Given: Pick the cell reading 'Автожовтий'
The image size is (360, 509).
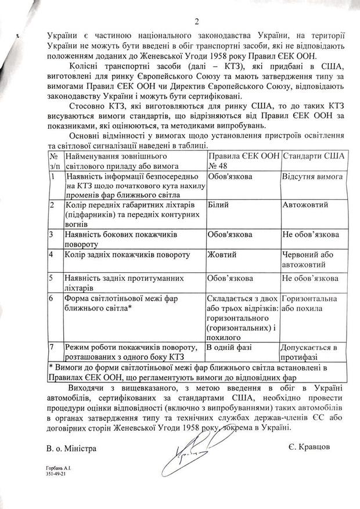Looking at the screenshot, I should (305, 205).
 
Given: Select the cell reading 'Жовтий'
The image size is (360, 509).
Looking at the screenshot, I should (219, 254).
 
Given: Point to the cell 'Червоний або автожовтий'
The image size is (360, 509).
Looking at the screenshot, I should (308, 259).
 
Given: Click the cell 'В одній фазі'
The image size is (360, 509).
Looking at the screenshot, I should (230, 347).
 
